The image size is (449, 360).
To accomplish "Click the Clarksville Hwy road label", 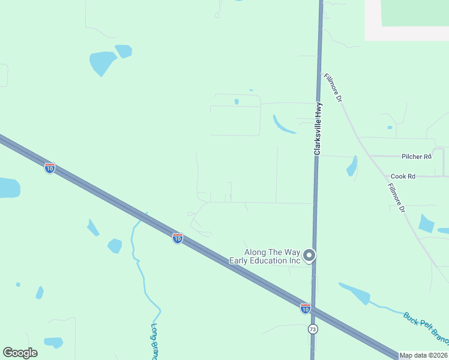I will tap(319, 128).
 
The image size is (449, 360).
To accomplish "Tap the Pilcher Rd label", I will tap(417, 157).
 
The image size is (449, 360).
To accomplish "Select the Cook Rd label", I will tap(403, 176).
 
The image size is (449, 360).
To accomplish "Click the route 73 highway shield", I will tap(313, 329).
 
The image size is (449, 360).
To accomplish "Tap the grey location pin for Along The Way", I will tap(309, 256).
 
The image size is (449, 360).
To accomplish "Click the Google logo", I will tap(20, 353).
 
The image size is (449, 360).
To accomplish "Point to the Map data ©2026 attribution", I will tap(424, 355).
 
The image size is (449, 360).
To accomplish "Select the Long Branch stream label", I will tap(154, 343).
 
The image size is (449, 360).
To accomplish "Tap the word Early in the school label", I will tap(239, 260).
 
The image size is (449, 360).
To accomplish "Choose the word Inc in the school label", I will tap(293, 260).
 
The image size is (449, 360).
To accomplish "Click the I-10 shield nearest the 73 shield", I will tap(306, 308).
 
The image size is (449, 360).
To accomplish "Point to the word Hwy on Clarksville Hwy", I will tap(319, 110).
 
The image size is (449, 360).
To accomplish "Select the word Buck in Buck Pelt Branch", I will tap(411, 319).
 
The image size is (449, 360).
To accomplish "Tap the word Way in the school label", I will tap(292, 252).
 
